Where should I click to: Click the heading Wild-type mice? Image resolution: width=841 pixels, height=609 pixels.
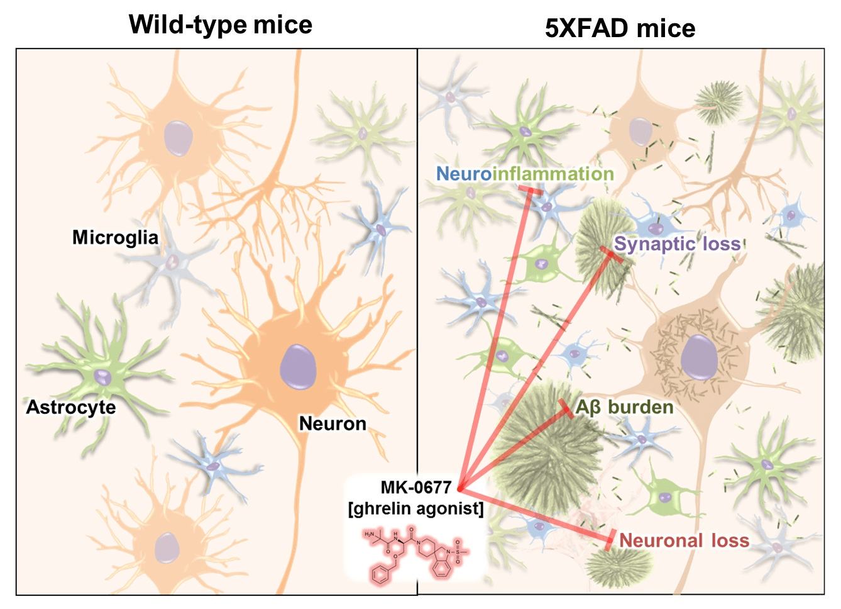pyautogui.click(x=221, y=25)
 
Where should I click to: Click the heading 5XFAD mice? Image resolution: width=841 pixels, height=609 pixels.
pyautogui.click(x=620, y=28)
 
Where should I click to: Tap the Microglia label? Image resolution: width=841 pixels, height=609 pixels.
pyautogui.click(x=115, y=237)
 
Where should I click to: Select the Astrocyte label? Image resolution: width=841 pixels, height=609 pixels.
pyautogui.click(x=70, y=407)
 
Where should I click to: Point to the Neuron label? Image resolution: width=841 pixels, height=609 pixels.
pyautogui.click(x=333, y=423)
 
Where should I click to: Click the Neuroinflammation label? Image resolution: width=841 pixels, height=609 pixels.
pyautogui.click(x=525, y=174)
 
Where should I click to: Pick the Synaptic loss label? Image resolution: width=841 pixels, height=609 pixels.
pyautogui.click(x=678, y=243)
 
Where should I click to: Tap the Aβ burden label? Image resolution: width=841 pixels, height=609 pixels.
pyautogui.click(x=624, y=407)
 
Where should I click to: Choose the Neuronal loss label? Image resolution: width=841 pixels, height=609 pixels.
pyautogui.click(x=684, y=540)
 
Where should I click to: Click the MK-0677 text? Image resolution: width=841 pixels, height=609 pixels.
pyautogui.click(x=416, y=488)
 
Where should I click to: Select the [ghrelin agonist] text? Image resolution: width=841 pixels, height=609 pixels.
pyautogui.click(x=416, y=508)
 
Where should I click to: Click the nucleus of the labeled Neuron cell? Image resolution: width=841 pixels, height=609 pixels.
pyautogui.click(x=297, y=366)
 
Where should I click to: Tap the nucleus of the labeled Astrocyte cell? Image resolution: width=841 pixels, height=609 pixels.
pyautogui.click(x=102, y=377)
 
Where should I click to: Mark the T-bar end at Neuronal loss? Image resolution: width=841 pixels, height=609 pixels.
pyautogui.click(x=609, y=540)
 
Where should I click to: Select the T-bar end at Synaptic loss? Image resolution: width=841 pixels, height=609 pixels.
pyautogui.click(x=608, y=253)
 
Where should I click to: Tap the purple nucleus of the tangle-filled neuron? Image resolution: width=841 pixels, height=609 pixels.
pyautogui.click(x=699, y=357)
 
